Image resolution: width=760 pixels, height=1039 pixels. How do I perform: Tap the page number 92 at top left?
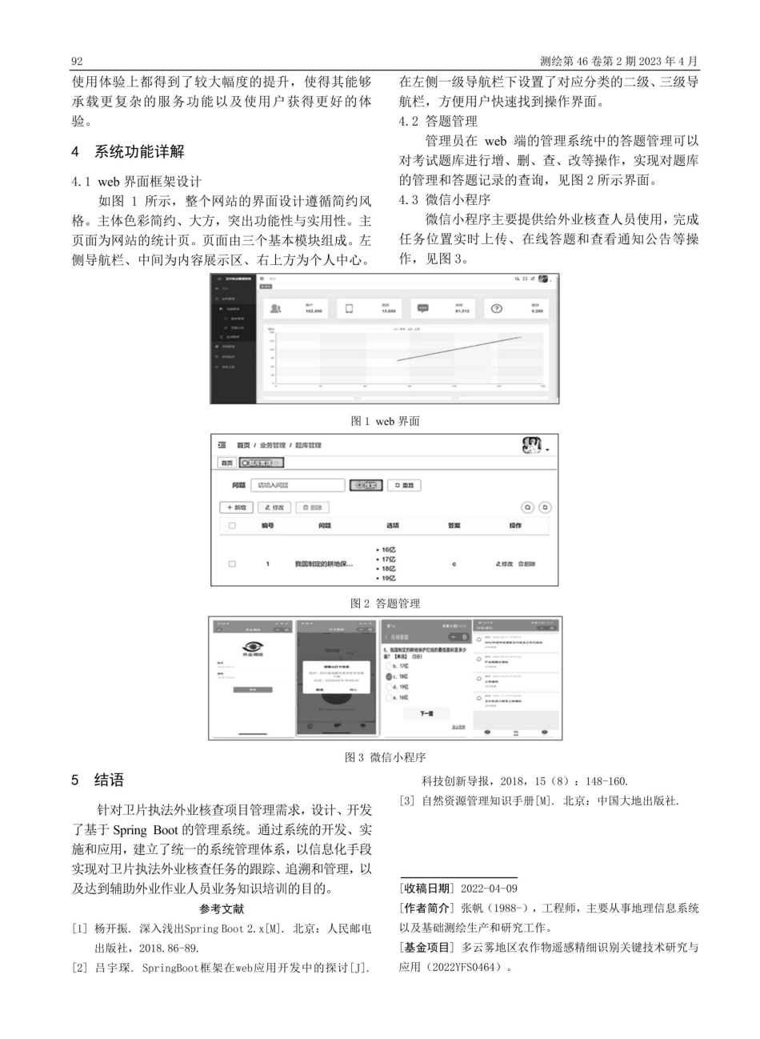tap(78, 61)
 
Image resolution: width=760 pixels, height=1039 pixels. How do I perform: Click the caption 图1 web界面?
tap(386, 421)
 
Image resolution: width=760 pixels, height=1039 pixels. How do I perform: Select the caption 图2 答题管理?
tap(385, 604)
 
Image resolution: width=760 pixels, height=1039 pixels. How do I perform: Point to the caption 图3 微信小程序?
tap(385, 757)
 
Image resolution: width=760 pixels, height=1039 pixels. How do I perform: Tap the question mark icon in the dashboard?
tap(496, 309)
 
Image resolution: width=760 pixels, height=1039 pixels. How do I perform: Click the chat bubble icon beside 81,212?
tap(424, 309)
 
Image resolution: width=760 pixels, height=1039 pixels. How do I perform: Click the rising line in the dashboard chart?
tap(460, 349)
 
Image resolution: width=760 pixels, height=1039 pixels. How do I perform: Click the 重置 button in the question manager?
tap(404, 485)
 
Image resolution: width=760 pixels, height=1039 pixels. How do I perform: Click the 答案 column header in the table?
tap(454, 526)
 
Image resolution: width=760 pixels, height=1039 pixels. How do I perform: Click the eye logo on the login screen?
tap(252, 647)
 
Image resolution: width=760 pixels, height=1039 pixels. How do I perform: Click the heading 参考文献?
tap(222, 909)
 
